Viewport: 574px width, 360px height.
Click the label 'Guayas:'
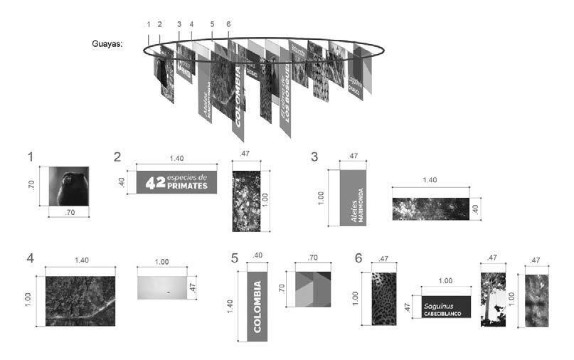pos(108,43)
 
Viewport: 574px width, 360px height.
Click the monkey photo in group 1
pos(68,186)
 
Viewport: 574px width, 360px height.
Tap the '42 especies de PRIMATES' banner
pos(176,182)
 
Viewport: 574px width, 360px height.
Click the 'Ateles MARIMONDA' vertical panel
pos(353,197)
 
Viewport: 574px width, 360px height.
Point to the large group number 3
pos(314,157)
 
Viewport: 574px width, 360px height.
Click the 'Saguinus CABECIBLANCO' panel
pos(445,305)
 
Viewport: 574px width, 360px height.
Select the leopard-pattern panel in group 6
pos(383,299)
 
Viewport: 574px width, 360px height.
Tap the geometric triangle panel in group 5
pos(309,288)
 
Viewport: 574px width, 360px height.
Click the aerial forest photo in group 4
pos(80,300)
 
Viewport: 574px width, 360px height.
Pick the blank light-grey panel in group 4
pos(161,285)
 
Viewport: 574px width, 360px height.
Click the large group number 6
pos(358,258)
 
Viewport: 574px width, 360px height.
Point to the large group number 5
pos(235,258)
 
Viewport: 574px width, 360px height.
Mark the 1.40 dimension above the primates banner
pos(176,160)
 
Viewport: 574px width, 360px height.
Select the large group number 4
pos(30,258)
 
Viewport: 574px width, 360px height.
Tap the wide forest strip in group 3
pos(431,208)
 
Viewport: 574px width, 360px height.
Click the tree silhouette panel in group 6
pos(493,299)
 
